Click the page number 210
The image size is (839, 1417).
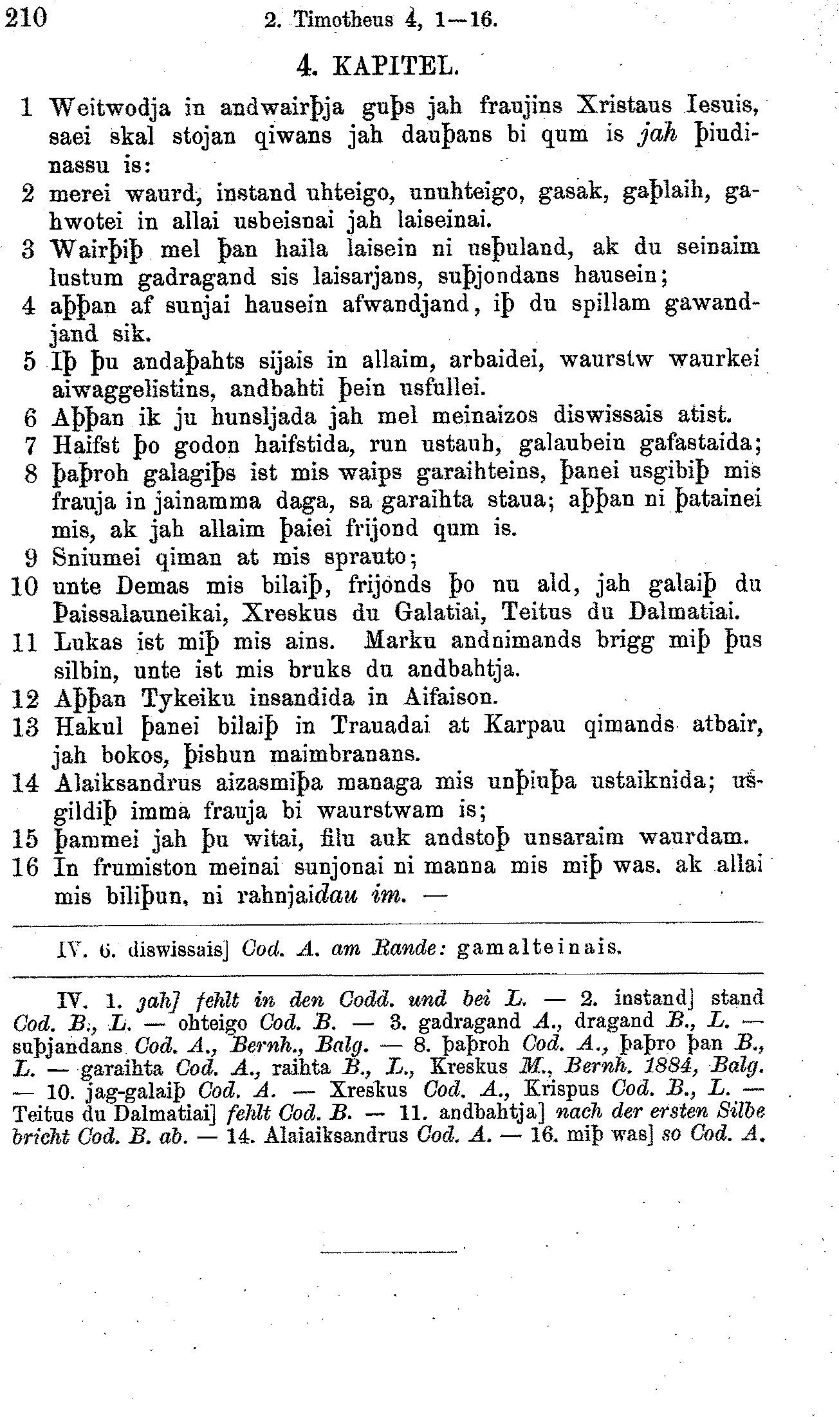click(26, 19)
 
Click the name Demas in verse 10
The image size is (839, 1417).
click(154, 585)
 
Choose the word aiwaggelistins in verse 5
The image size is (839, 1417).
click(134, 389)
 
